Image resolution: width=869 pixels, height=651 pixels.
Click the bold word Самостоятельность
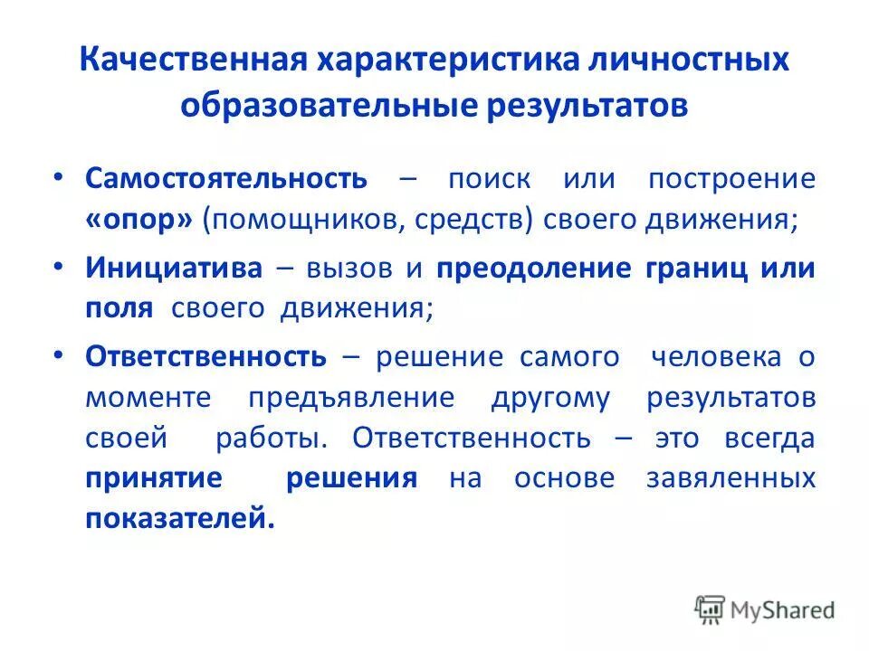click(x=226, y=177)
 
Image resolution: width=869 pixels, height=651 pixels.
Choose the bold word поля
click(x=119, y=309)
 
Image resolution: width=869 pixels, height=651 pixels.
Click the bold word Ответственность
click(x=205, y=355)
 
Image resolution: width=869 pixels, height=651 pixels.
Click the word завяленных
click(x=731, y=477)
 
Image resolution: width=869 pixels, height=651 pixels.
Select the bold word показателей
click(x=178, y=520)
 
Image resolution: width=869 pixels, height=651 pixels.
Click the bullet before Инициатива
click(x=59, y=266)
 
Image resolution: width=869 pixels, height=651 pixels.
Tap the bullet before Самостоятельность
click(x=59, y=177)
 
